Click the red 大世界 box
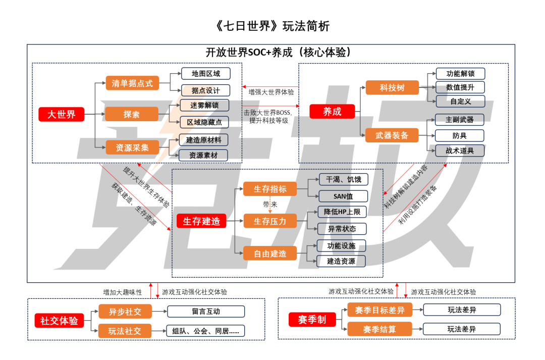[x=61, y=114]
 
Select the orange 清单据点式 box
[x=132, y=83]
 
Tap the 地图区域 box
[x=205, y=73]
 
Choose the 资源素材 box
[x=203, y=155]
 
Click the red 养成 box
[x=332, y=112]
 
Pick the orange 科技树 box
[x=392, y=87]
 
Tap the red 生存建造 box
[x=201, y=221]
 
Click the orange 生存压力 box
[x=270, y=221]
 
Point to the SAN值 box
[x=343, y=195]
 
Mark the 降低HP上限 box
[x=342, y=212]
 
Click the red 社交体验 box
[x=59, y=320]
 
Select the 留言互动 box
[x=206, y=312]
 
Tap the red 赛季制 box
[x=311, y=320]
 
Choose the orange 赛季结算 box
[x=379, y=329]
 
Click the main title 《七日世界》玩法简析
[x=272, y=25]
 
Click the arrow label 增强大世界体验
[x=271, y=92]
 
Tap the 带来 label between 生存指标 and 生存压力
[x=270, y=204]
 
